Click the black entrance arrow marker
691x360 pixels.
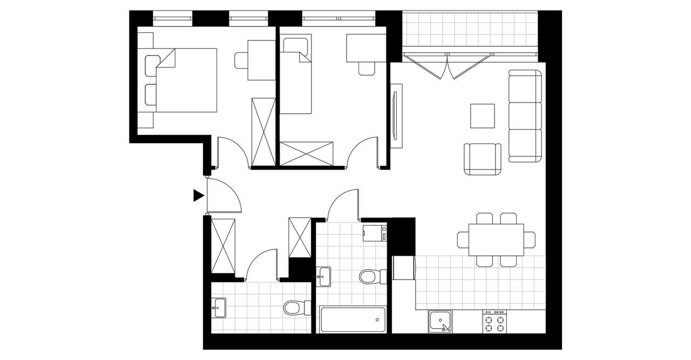[199, 195]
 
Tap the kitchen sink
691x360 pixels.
[441, 322]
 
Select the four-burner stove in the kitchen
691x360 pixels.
[495, 322]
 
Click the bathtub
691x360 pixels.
[353, 320]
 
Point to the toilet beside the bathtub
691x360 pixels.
[369, 277]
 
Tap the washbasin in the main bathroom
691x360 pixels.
[324, 276]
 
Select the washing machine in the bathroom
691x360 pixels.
[375, 234]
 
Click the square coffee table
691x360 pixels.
[483, 116]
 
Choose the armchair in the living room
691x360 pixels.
[482, 160]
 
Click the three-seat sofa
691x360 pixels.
[525, 116]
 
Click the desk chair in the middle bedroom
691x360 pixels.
[367, 68]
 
